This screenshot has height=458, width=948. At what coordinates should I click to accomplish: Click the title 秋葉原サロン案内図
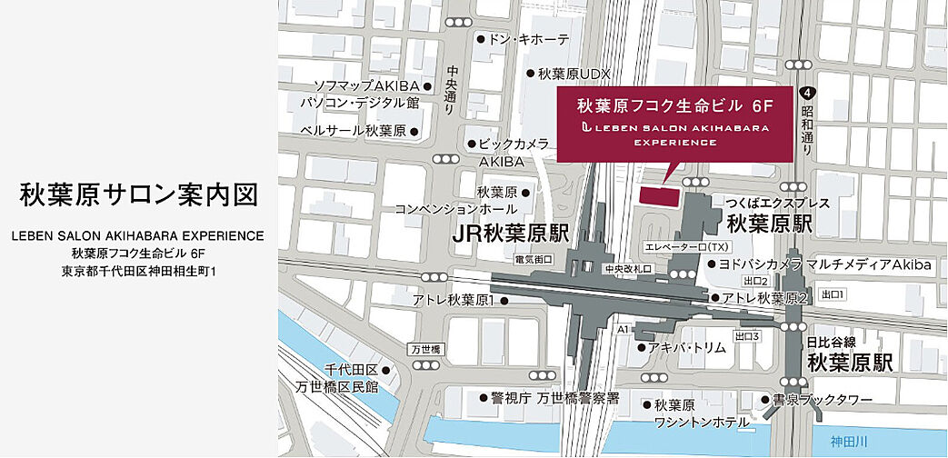(138, 195)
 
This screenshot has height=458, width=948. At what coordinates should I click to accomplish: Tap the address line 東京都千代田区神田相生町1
(138, 271)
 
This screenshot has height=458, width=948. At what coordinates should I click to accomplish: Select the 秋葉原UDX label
(574, 74)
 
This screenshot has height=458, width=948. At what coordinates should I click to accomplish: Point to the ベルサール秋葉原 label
(353, 131)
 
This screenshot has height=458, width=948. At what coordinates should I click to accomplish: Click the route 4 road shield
(804, 93)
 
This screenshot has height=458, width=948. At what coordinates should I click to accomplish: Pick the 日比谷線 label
(832, 343)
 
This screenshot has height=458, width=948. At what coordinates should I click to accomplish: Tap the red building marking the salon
(660, 195)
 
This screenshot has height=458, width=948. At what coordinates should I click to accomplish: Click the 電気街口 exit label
(534, 259)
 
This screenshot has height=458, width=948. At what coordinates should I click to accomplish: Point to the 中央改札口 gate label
(630, 269)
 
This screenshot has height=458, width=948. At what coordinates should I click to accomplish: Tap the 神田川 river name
(851, 441)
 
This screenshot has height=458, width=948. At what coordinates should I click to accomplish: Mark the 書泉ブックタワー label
(823, 400)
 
